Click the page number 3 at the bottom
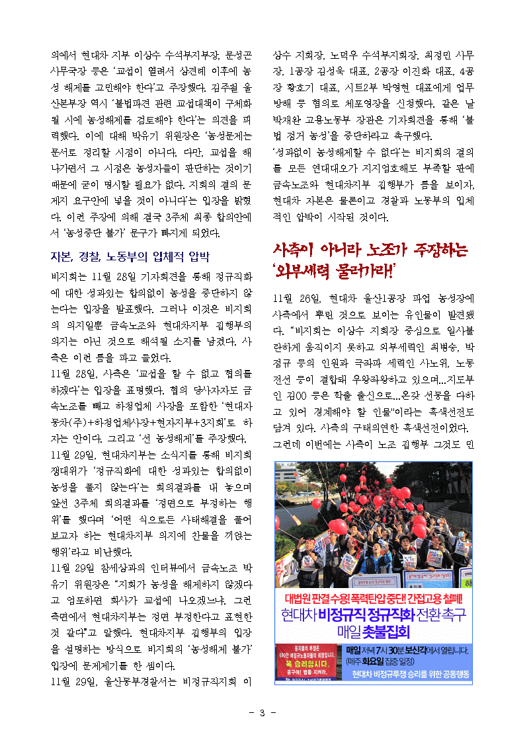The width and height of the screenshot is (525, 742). (x=262, y=712)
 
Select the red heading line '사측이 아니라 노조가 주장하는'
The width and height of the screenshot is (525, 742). (x=370, y=250)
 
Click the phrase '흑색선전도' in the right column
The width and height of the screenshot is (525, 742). (x=453, y=411)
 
